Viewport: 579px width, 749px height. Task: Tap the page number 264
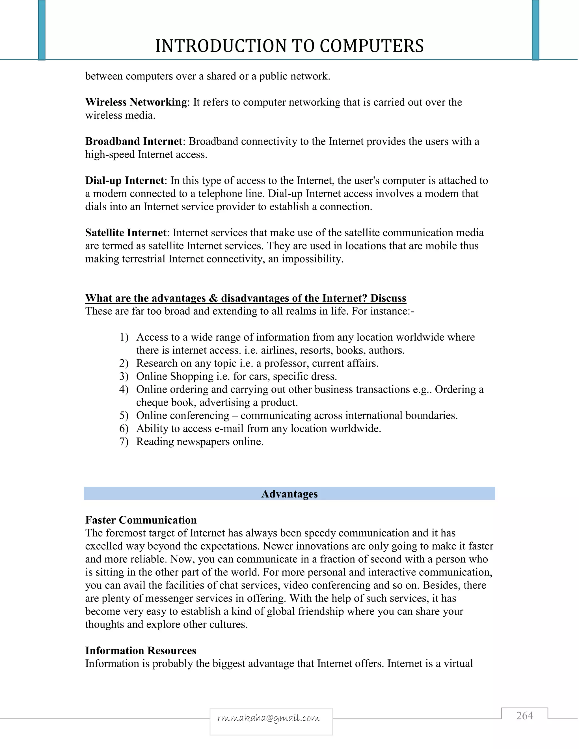(524, 715)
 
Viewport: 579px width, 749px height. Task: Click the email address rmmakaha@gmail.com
(269, 718)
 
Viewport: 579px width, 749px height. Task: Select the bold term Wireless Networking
(136, 102)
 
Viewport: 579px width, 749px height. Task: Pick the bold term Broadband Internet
(134, 141)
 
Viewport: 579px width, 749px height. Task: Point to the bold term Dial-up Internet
(125, 180)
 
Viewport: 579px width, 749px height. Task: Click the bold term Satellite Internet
(126, 233)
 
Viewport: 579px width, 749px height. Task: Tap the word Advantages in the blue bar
(289, 494)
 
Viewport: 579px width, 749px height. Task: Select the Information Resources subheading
(141, 651)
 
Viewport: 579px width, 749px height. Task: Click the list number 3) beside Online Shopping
(124, 376)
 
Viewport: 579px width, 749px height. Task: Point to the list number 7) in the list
(124, 442)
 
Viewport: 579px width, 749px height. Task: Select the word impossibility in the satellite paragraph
(312, 259)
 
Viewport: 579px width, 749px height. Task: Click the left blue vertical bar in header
(42, 30)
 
